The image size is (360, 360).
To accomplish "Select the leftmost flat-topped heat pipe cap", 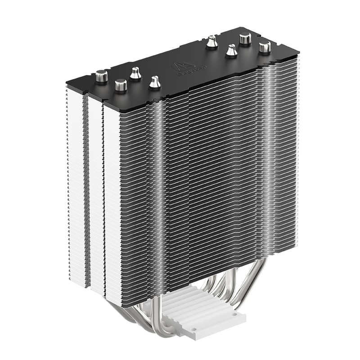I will [x=102, y=76].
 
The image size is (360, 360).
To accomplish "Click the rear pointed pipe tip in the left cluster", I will [x=135, y=73].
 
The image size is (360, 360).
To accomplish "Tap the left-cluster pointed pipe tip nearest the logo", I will [x=155, y=81].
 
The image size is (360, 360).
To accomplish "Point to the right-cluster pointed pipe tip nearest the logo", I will [x=211, y=43].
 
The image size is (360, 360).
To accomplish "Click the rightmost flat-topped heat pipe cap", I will [x=265, y=47].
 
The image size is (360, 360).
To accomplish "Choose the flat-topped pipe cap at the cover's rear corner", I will [x=245, y=39].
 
